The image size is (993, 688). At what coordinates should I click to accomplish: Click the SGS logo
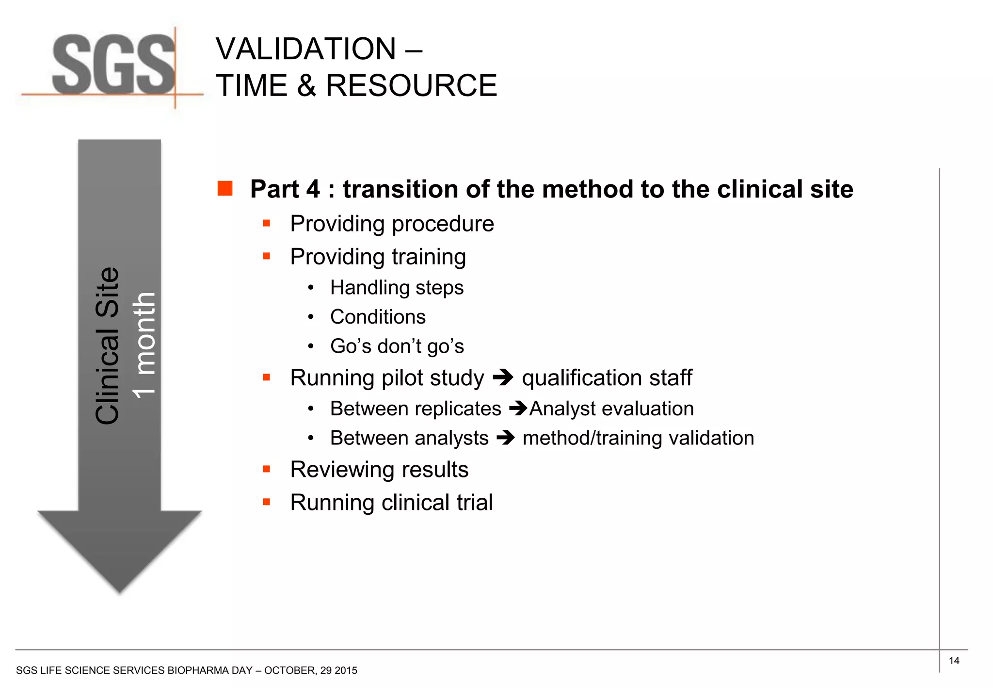[113, 66]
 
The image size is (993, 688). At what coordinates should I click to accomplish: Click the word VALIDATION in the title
[306, 49]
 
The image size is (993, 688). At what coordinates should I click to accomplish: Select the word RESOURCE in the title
[411, 86]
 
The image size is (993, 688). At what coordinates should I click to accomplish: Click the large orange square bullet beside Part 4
[225, 189]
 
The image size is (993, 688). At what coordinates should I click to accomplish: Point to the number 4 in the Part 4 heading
[313, 189]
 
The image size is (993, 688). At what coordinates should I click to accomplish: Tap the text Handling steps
[397, 288]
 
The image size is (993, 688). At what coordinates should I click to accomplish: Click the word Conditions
[378, 317]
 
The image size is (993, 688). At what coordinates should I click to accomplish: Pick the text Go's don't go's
[397, 346]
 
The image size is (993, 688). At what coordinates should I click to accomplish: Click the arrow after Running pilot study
[503, 377]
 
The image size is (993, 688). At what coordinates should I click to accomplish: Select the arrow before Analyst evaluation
[518, 409]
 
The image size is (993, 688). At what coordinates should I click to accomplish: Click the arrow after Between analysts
[506, 438]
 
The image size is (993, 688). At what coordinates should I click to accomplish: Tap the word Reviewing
[346, 470]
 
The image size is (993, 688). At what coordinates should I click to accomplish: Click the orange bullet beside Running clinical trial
[266, 502]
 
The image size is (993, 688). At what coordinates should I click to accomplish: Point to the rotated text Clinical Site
[107, 345]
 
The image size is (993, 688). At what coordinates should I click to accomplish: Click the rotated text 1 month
[144, 345]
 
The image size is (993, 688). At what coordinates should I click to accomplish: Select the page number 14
[954, 661]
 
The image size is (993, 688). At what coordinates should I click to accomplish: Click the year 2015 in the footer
[346, 671]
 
